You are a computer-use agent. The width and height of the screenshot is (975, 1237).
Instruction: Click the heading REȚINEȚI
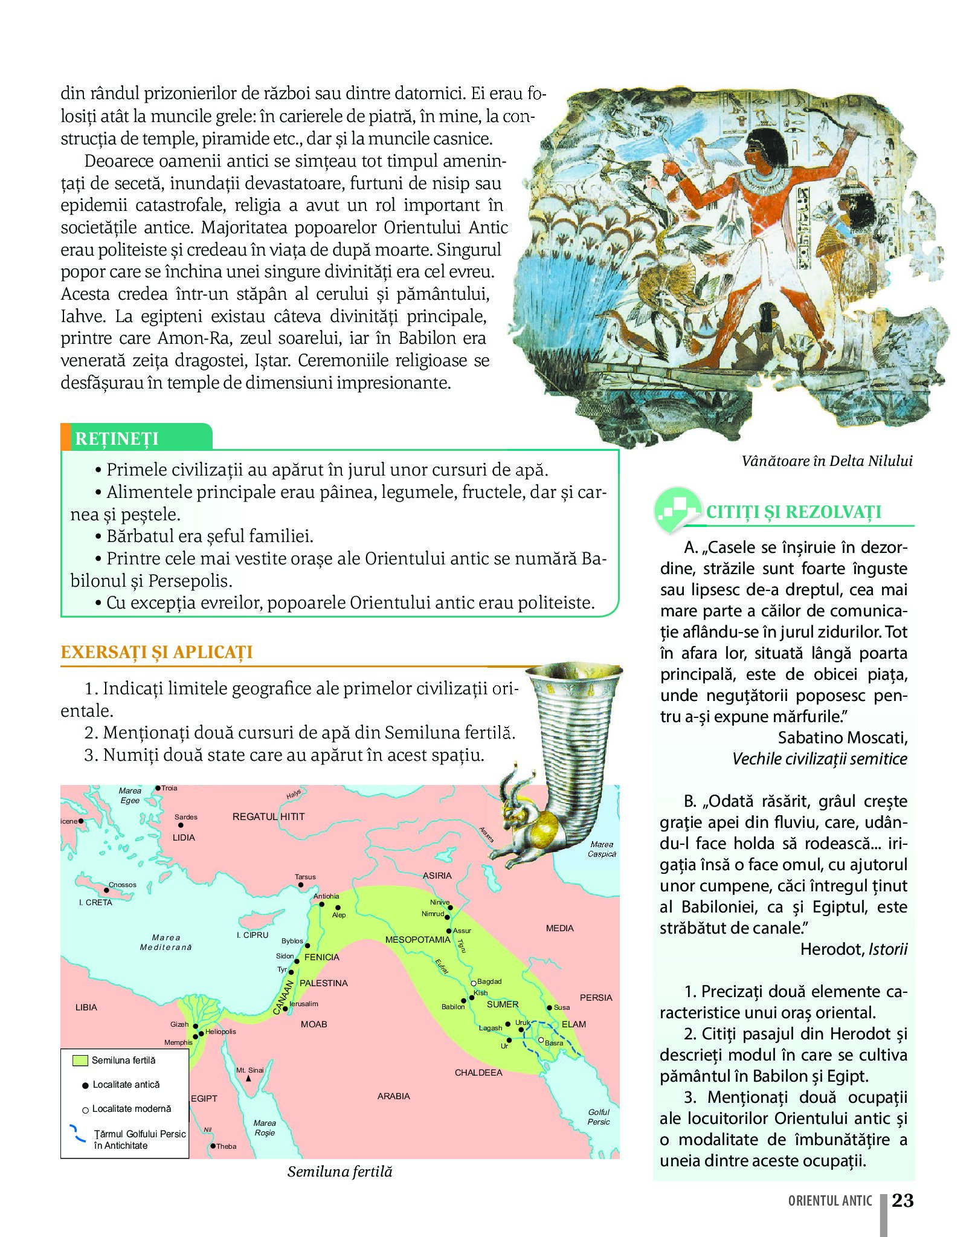(117, 438)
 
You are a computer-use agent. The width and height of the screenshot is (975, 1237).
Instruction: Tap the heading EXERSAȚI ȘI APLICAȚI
(156, 652)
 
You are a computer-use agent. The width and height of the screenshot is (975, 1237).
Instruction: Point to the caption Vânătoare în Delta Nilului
(826, 460)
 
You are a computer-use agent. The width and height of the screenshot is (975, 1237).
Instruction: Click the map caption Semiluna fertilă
(339, 1171)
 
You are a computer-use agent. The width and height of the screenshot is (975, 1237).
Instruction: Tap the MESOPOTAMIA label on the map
(417, 939)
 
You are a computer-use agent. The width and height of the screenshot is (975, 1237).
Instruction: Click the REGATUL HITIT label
(268, 816)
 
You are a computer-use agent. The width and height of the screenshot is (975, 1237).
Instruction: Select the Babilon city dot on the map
(463, 1001)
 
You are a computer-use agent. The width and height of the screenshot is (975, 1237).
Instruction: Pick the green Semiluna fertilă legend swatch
(80, 1060)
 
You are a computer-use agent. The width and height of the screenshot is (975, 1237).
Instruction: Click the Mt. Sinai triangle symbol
(248, 1078)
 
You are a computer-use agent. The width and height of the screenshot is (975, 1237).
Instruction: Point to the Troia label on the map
(169, 788)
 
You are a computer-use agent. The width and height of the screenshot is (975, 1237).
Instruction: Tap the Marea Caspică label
(602, 849)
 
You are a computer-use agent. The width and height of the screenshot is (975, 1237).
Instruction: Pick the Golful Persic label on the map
(598, 1117)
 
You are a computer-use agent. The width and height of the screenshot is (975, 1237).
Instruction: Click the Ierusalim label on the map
(304, 1004)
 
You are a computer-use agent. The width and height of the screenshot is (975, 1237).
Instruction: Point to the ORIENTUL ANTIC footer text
(829, 1201)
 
